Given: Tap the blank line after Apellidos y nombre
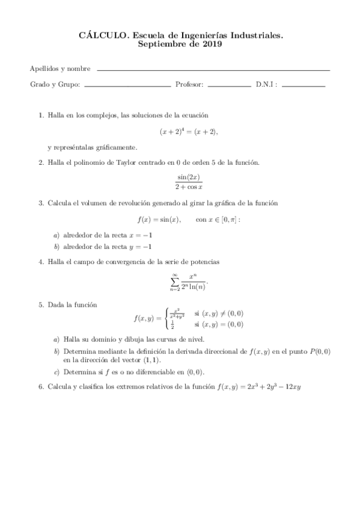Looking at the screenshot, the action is [x=213, y=70].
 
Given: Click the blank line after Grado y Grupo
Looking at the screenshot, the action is [x=128, y=87].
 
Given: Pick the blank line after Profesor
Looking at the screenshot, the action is [x=229, y=87].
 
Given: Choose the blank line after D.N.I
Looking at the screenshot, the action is [x=303, y=87].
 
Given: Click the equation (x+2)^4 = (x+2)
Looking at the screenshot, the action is [x=188, y=131].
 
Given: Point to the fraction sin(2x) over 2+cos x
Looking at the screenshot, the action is [x=189, y=182].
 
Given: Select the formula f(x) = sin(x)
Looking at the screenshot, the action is [x=159, y=220].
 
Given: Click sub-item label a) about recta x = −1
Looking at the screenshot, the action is [x=56, y=235].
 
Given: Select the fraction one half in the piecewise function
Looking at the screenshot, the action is [x=173, y=325].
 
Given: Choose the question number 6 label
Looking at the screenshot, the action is [x=41, y=387].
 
